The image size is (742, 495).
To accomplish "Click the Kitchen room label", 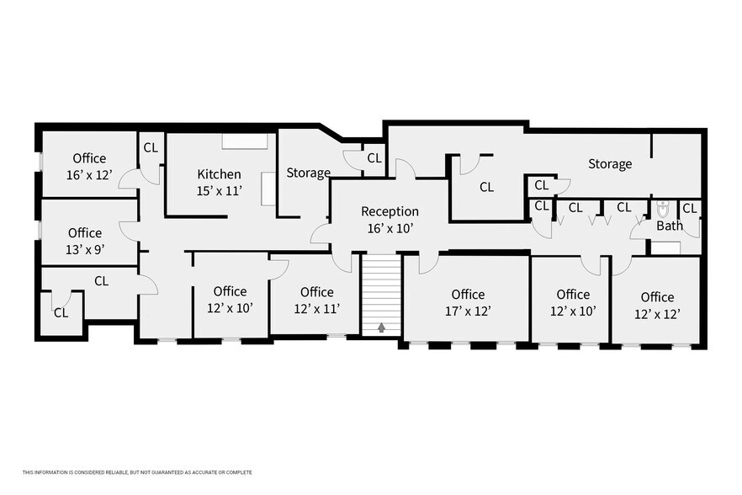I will pos(219,174).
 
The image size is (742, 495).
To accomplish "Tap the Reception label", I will pos(390,211).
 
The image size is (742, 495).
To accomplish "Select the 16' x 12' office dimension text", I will pos(89,175).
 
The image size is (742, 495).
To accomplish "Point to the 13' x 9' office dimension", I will pos(85,249).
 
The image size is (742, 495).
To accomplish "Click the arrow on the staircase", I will pos(383,327).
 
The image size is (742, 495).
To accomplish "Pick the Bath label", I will pos(670,226).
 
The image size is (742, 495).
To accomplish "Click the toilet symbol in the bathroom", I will pos(663,209).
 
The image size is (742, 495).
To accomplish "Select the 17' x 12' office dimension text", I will pos(468,311).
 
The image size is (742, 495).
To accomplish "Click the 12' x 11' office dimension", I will pos(316,308).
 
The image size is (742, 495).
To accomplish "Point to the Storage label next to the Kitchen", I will pos(308,173).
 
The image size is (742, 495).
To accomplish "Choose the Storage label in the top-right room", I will pos(609,163).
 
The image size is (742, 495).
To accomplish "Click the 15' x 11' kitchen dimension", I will pos(219,191).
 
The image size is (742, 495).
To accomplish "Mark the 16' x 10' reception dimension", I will pos(390,228).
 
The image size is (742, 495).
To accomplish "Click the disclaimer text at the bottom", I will pos(137,472).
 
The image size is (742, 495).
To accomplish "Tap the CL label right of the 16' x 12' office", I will pos(151,147).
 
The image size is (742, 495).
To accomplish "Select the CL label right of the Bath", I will pos(689,207).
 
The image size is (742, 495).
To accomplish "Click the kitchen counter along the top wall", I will pos(245,141).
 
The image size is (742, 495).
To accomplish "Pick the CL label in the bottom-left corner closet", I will pos(61,312).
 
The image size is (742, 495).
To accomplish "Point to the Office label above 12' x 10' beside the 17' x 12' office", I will pos(573,294).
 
